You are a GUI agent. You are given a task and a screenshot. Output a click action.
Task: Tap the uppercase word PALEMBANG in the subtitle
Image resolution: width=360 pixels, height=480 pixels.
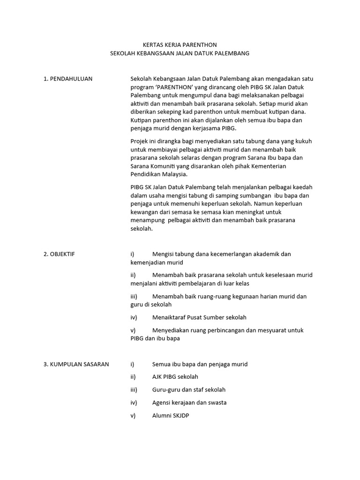pos(232,53)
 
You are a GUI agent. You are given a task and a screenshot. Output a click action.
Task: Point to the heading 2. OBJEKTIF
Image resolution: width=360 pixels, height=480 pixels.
pos(59,254)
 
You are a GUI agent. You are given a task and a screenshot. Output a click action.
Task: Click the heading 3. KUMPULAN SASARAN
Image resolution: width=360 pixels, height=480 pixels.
pos(76,364)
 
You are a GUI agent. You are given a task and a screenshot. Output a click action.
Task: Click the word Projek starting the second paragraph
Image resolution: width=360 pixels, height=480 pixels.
pos(139,141)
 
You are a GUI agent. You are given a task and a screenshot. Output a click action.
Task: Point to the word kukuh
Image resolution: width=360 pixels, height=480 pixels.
pos(304,141)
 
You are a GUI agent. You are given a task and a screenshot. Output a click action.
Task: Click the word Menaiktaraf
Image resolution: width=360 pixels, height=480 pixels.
pos(169,317)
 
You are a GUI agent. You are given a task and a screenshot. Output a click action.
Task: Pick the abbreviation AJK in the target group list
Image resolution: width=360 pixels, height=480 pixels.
pos(157,377)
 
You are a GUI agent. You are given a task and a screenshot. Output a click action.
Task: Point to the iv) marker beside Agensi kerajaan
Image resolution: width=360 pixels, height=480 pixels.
pos(134,403)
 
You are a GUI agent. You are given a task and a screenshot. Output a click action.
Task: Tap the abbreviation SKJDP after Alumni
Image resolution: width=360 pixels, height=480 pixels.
pos(182,415)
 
